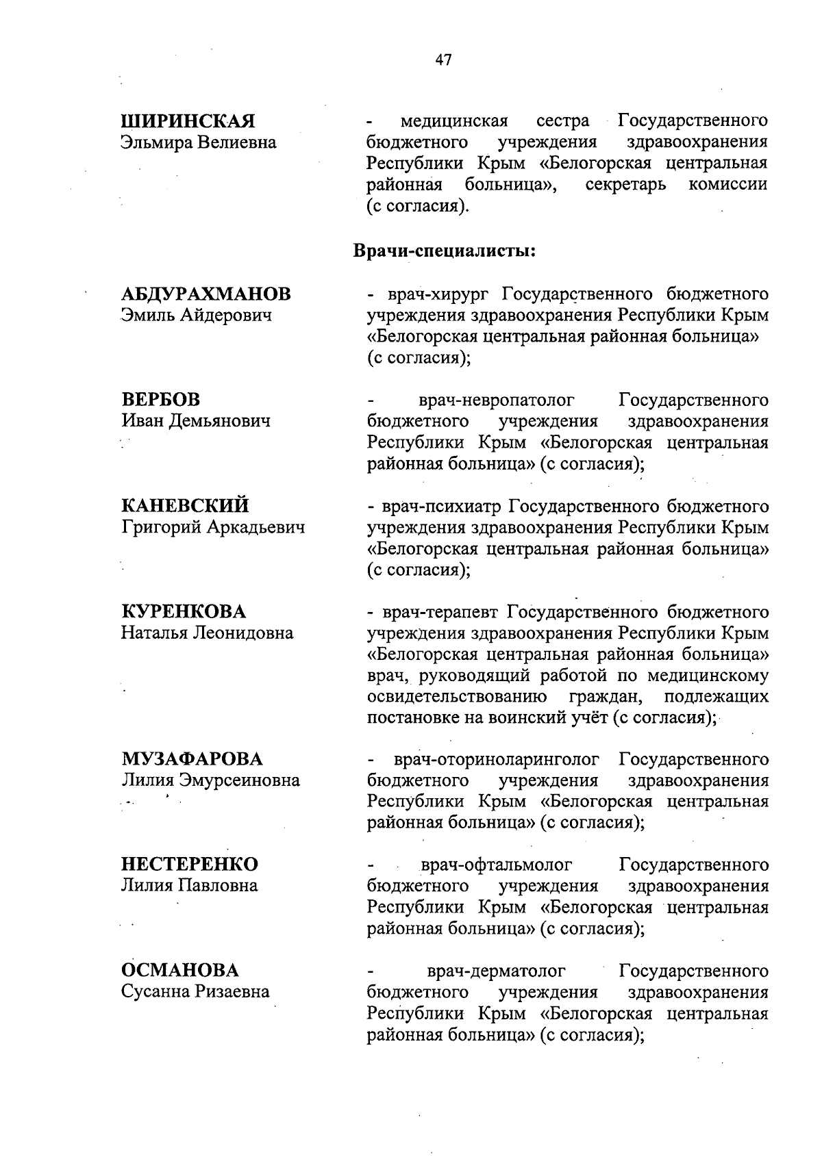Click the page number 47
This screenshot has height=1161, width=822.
coord(443,60)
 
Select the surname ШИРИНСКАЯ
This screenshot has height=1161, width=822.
coord(188,121)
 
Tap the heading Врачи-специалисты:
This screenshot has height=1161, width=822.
coord(443,251)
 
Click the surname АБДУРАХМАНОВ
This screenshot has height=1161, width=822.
coord(206,294)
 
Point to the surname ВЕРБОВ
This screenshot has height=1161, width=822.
coord(161,400)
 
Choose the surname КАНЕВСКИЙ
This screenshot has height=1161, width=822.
coord(185,506)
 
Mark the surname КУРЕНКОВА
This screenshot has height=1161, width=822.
coord(184,611)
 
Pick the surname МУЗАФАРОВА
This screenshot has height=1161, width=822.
coord(192,759)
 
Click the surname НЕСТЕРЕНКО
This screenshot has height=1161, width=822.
coord(190,865)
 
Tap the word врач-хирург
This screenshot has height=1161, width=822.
coord(440,295)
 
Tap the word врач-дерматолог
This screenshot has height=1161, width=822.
coord(497,971)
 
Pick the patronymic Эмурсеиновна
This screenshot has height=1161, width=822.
coord(239,780)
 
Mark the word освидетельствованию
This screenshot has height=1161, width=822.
coord(457,697)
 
